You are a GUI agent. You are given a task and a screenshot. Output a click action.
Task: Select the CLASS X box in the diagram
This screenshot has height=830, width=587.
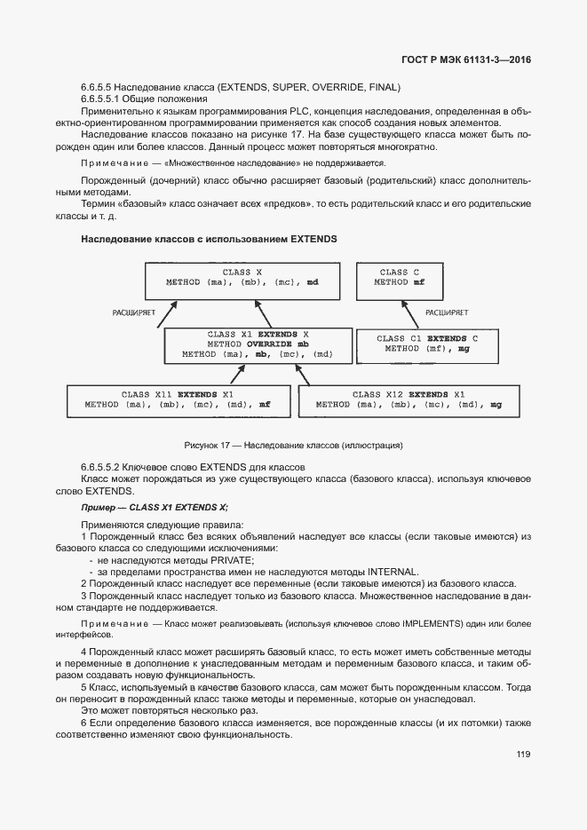pos(242,281)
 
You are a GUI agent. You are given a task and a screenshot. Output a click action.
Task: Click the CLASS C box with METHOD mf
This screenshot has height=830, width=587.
pos(399,281)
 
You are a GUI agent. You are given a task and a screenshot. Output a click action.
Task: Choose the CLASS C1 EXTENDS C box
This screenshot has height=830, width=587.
pos(426,345)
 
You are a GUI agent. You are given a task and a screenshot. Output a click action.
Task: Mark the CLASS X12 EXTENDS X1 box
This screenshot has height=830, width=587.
pos(409,399)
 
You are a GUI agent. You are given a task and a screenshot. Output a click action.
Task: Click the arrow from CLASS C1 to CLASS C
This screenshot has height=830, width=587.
pos(400,314)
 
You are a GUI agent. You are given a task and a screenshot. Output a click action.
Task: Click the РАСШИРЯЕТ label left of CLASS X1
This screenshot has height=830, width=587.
pos(134,312)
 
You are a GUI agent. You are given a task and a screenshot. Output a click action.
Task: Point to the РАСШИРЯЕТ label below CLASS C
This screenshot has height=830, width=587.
pos(448,312)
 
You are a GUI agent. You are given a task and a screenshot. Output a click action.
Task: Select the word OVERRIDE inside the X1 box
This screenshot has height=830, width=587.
pos(272,344)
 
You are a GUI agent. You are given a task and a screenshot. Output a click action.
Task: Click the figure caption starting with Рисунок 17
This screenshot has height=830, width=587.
pos(293,444)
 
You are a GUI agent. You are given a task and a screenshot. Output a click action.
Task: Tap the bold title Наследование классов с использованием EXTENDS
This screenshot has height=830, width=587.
pos(209,240)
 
